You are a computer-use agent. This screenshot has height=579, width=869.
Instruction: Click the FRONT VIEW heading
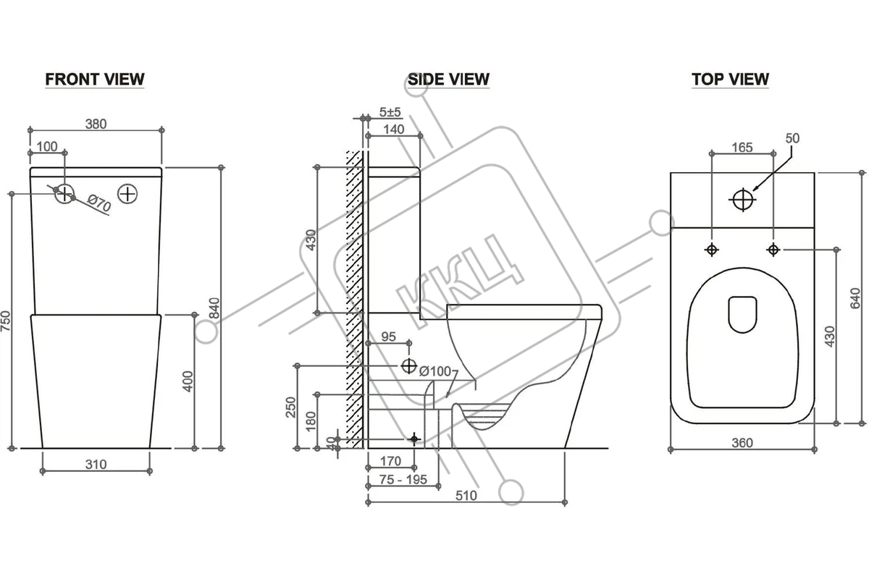[x=95, y=79]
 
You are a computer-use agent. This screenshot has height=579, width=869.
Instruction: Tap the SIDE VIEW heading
[x=448, y=79]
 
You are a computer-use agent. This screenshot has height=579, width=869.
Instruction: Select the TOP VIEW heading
[x=730, y=79]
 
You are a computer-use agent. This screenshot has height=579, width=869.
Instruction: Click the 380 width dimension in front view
[x=96, y=124]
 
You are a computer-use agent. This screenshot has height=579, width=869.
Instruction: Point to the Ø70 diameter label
[x=99, y=203]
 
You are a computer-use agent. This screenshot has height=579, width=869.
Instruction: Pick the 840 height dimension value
[x=214, y=308]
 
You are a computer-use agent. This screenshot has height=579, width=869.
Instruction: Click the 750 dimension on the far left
[x=6, y=321]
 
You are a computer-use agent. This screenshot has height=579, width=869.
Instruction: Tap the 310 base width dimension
[x=96, y=464]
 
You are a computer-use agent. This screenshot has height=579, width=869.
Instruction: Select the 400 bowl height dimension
[x=188, y=381]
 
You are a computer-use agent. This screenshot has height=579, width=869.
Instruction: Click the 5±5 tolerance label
[x=390, y=112]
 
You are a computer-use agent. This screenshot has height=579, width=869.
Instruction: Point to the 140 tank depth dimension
[x=394, y=129]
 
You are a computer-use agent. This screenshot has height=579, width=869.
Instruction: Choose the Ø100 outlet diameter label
[x=435, y=371]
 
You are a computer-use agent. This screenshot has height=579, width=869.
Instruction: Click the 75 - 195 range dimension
[x=403, y=479]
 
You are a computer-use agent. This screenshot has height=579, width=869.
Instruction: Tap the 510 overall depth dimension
[x=466, y=496]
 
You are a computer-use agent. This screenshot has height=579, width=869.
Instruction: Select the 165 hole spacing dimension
[x=742, y=148]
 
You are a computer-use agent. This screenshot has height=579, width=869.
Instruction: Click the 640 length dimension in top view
[x=855, y=298]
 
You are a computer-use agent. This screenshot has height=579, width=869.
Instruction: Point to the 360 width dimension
[x=742, y=442]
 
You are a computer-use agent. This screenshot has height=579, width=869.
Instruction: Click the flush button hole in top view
[x=742, y=200]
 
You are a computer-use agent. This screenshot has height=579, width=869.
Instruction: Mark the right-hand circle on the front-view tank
[x=127, y=193]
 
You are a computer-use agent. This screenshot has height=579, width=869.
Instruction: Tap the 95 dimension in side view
[x=388, y=337]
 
